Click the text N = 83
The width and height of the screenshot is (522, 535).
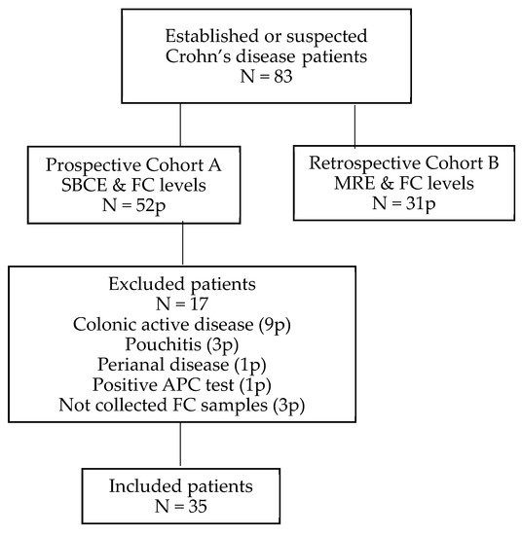tap(260, 77)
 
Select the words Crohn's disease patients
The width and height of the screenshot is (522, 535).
tap(260, 56)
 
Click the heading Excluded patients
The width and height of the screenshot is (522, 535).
tap(182, 286)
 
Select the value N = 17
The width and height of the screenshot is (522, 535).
tap(182, 305)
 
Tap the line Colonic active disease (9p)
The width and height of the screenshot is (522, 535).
tap(182, 326)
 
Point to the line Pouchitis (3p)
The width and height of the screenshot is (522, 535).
tap(182, 345)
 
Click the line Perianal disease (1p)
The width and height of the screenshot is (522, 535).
tap(182, 365)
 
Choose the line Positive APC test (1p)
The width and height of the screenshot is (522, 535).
tap(182, 384)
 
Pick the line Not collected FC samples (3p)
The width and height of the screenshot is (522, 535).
tap(182, 404)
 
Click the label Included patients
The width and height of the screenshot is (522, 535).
tap(182, 485)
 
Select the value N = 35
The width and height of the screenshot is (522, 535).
tap(182, 505)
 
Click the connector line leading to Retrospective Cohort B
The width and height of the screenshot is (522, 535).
tap(354, 122)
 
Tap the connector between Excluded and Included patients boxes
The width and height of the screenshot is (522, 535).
tap(182, 446)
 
